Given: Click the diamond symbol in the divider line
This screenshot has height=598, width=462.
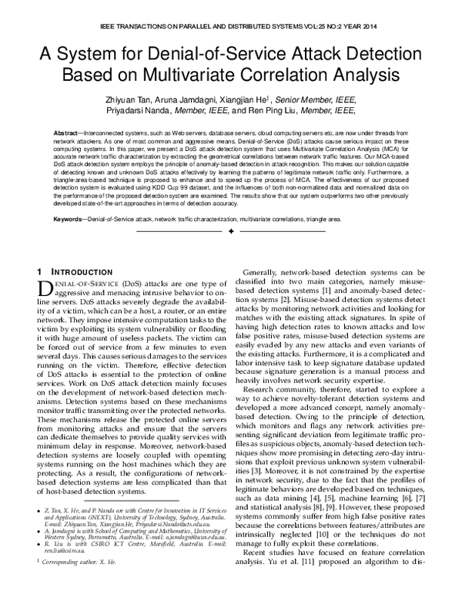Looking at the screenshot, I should [231, 231].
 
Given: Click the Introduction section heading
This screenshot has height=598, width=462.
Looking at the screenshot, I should [77, 273].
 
